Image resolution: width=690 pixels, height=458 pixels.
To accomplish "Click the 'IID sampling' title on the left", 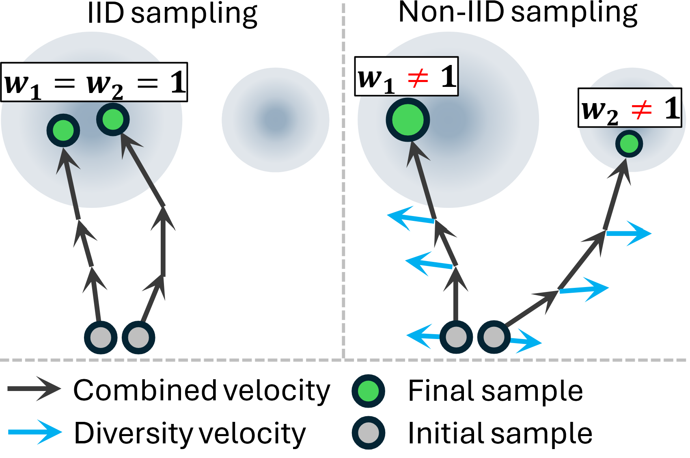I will pyautogui.click(x=172, y=14).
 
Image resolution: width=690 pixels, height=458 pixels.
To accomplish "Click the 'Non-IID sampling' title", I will pyautogui.click(x=517, y=13).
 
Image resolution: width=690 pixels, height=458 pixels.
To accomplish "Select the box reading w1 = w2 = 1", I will pyautogui.click(x=94, y=82).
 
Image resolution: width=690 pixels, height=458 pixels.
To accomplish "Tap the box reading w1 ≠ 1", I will pyautogui.click(x=406, y=76).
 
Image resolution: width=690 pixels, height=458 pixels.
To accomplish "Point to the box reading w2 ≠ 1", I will pyautogui.click(x=630, y=108).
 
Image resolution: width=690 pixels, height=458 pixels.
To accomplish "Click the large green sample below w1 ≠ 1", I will pyautogui.click(x=408, y=120).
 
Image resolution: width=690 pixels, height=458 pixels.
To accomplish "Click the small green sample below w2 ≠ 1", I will pyautogui.click(x=629, y=144).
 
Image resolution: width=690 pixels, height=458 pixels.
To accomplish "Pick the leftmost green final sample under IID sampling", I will pyautogui.click(x=63, y=130).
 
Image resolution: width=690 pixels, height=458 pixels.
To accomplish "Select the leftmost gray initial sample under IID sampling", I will pyautogui.click(x=100, y=337).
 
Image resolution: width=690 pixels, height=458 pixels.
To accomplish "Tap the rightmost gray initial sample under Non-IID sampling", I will pyautogui.click(x=494, y=337).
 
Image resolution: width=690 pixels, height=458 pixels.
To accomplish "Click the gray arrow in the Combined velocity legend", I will pyautogui.click(x=34, y=389).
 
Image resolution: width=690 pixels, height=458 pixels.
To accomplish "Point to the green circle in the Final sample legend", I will pyautogui.click(x=368, y=391).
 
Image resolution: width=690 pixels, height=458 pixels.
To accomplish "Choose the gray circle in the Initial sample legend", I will pyautogui.click(x=368, y=433).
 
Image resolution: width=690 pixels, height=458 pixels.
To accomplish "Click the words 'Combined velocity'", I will pyautogui.click(x=202, y=391).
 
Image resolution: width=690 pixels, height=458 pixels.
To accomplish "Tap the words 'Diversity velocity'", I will pyautogui.click(x=190, y=433).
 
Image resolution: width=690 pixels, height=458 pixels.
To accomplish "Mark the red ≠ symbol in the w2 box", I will pyautogui.click(x=641, y=110).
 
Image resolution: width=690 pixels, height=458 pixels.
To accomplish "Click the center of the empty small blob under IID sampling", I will pyautogui.click(x=275, y=120).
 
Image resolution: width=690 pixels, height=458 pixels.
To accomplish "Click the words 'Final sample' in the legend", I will pyautogui.click(x=495, y=391).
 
